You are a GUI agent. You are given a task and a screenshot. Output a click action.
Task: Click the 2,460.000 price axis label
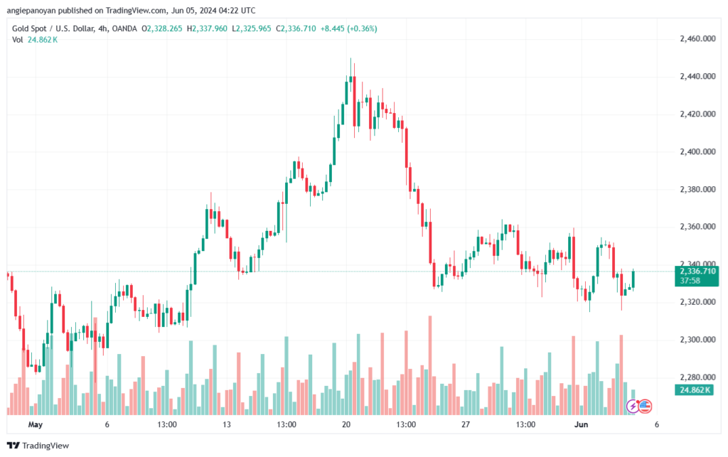click(x=697, y=38)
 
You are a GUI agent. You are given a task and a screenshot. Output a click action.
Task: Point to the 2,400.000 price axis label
click(x=697, y=151)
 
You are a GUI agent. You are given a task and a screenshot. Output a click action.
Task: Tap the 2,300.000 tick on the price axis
click(x=697, y=340)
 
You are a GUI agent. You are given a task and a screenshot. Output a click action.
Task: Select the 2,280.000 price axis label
click(x=697, y=377)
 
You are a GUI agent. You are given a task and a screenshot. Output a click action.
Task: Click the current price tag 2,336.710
click(x=697, y=271)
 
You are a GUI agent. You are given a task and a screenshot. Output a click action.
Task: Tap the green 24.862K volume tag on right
click(x=695, y=390)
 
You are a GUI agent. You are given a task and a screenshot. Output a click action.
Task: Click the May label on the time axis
click(x=36, y=424)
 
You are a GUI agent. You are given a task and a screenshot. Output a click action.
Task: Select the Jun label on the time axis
click(x=582, y=424)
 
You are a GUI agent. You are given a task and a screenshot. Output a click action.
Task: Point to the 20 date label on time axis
click(x=346, y=424)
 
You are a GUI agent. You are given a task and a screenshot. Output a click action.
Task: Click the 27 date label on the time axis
click(x=466, y=424)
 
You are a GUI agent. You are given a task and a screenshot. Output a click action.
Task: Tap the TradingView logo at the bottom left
click(x=38, y=446)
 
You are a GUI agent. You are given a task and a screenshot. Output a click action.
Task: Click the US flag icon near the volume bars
click(x=644, y=407)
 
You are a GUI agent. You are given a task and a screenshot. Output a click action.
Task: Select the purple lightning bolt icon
click(x=632, y=407)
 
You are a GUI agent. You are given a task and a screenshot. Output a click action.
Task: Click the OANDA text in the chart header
click(x=124, y=28)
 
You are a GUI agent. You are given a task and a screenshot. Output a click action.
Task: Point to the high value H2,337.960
click(x=207, y=28)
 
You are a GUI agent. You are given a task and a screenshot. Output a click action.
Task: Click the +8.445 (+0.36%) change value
click(x=348, y=28)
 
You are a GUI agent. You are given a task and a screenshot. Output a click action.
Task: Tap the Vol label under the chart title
click(x=17, y=40)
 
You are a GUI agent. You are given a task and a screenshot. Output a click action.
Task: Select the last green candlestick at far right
click(x=633, y=279)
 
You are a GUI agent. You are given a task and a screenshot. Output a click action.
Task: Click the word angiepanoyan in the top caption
click(x=31, y=11)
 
